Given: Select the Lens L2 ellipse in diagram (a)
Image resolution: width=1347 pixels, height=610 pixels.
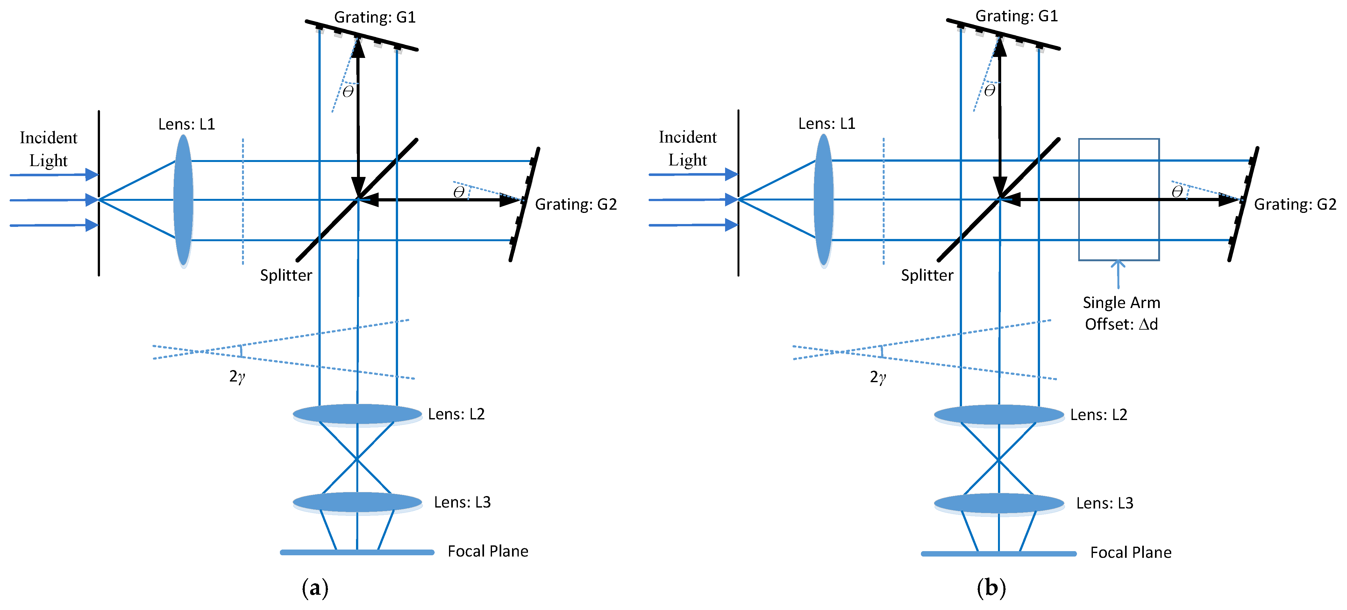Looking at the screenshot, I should point(357,414).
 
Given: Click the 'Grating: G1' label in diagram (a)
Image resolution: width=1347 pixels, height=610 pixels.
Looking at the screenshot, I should point(374,17).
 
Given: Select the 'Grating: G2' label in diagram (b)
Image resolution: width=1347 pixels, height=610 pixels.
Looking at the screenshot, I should point(1295,204).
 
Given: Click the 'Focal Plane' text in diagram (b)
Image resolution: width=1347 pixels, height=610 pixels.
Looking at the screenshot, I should point(1130,552).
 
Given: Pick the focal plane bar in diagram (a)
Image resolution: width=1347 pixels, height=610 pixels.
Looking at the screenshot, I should point(357,552).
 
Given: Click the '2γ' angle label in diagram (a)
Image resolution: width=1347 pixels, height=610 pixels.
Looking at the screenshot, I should point(237,376).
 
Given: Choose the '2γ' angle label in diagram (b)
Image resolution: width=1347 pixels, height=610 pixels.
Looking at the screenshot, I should point(877,377).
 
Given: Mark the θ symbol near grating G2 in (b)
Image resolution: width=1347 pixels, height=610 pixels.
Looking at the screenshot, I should point(1177,192).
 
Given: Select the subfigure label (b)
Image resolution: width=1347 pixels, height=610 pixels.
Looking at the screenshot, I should point(991,588).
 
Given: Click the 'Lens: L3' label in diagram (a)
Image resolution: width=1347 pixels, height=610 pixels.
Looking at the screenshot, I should point(462,502).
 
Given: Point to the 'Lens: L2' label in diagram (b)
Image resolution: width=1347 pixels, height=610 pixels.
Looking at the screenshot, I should point(1098,415).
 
